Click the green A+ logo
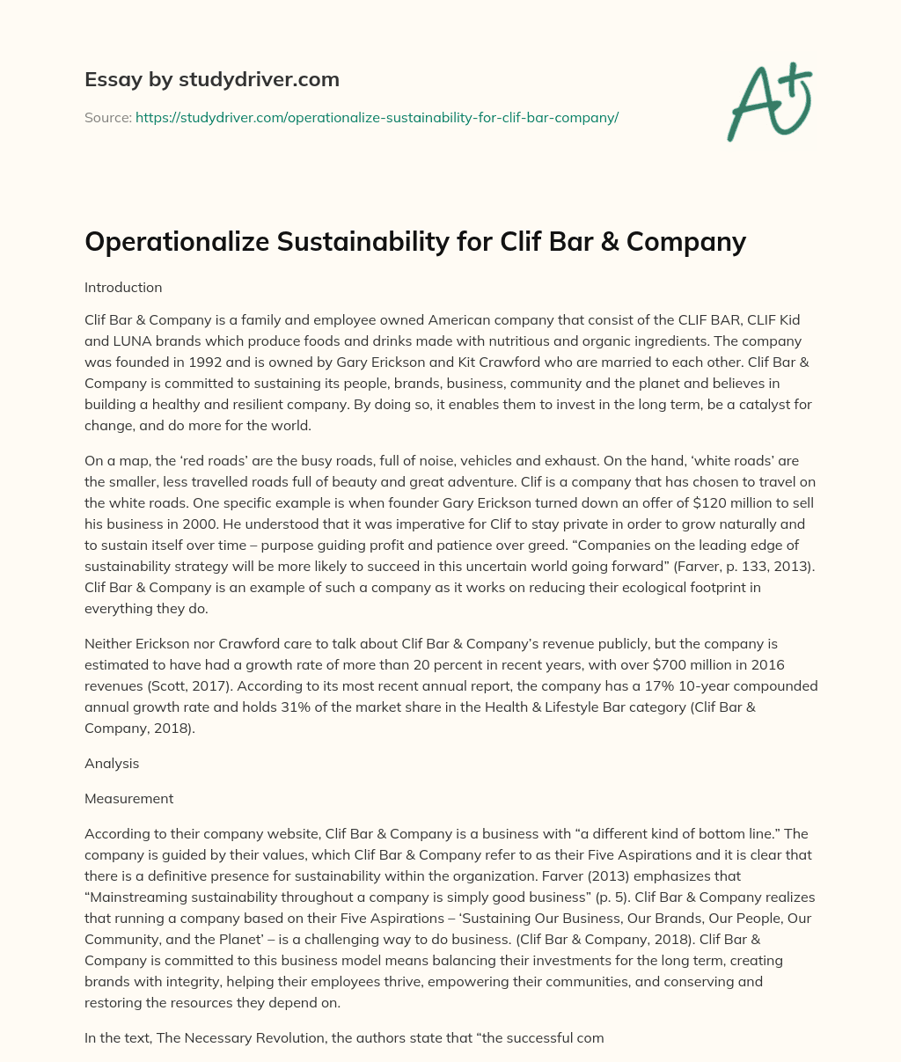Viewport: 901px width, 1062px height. point(768,101)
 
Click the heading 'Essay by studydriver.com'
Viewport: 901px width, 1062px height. point(211,79)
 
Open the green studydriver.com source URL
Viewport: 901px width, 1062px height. point(377,117)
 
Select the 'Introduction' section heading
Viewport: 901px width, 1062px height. point(123,287)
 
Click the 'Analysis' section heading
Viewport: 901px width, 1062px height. point(112,764)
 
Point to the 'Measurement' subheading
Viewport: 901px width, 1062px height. point(128,799)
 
